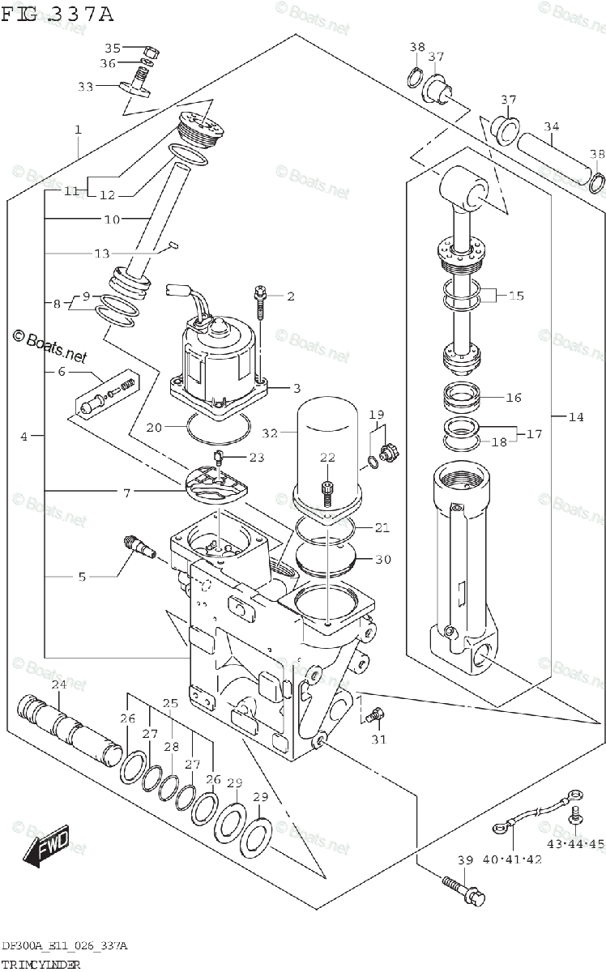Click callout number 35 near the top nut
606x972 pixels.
click(112, 48)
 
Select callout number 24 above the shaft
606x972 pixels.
click(58, 685)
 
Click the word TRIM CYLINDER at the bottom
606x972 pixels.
click(41, 966)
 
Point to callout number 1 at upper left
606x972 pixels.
click(78, 130)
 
